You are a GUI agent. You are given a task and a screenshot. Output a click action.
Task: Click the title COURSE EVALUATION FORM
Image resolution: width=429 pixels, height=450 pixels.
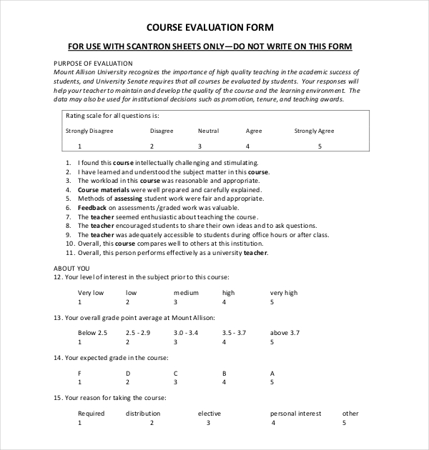[x=209, y=28]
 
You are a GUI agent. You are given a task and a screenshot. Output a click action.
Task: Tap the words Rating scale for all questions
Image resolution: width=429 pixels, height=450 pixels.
[x=112, y=115]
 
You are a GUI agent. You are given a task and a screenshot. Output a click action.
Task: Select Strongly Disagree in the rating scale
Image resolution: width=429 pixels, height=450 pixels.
[x=89, y=131]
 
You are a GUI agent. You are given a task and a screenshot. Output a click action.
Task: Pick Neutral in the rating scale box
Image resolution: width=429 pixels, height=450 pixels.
[x=208, y=131]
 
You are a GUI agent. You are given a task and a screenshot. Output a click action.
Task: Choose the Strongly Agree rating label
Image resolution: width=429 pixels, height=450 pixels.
[x=315, y=131]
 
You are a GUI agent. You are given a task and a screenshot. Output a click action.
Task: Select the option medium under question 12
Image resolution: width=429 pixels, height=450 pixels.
[x=186, y=293]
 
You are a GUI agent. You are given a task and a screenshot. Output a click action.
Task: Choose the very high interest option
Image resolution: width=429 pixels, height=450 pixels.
[x=284, y=293]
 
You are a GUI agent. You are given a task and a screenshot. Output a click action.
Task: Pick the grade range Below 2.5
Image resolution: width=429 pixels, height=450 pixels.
[x=92, y=333]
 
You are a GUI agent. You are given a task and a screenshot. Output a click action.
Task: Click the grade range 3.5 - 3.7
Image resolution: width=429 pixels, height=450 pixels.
[x=235, y=333]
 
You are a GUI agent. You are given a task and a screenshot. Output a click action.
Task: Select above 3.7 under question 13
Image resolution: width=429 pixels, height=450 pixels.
[x=285, y=333]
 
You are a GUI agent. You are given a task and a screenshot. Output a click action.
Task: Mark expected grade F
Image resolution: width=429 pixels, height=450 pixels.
[x=79, y=373]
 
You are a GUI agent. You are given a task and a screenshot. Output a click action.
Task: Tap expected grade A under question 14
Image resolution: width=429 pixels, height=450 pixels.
[x=272, y=373]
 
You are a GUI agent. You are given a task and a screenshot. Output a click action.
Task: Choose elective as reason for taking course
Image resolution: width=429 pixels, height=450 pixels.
[x=209, y=414]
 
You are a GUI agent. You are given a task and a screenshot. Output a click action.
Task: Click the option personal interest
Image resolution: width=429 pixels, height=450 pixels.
[x=296, y=414]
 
